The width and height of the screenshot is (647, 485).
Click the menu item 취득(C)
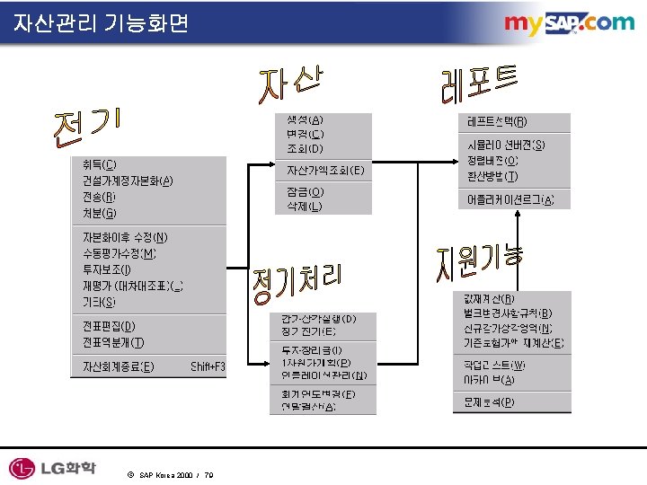point(99,164)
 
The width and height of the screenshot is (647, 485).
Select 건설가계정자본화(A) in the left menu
point(127,180)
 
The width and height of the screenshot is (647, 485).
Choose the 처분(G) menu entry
point(99,213)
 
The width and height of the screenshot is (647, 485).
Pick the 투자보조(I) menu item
point(106,269)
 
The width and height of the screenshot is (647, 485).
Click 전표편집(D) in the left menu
point(109,326)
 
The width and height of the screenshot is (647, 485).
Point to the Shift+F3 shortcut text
point(208,366)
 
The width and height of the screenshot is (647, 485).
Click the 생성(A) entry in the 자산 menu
point(305,119)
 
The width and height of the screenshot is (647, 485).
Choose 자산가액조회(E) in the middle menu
point(324,170)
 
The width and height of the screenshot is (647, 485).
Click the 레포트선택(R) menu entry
point(497,121)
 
